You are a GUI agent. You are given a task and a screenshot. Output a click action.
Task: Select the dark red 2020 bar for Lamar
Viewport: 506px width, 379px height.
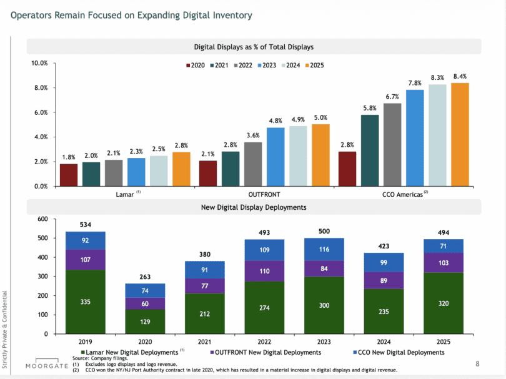69,175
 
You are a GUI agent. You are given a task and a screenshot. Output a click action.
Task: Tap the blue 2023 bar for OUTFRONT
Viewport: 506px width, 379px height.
275,157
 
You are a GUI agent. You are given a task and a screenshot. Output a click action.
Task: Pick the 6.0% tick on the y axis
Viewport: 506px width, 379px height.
39,112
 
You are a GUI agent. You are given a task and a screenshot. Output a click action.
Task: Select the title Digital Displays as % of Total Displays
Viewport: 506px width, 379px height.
254,47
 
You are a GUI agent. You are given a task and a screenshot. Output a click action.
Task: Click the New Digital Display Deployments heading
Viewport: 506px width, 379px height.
254,207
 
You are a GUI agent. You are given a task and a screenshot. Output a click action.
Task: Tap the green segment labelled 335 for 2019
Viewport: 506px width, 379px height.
85,302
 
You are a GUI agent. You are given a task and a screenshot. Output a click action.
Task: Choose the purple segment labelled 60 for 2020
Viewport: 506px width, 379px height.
144,303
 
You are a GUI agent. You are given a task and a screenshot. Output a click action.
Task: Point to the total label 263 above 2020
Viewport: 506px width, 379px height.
144,277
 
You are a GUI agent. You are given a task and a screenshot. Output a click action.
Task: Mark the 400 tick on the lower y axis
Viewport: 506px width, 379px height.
42,257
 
